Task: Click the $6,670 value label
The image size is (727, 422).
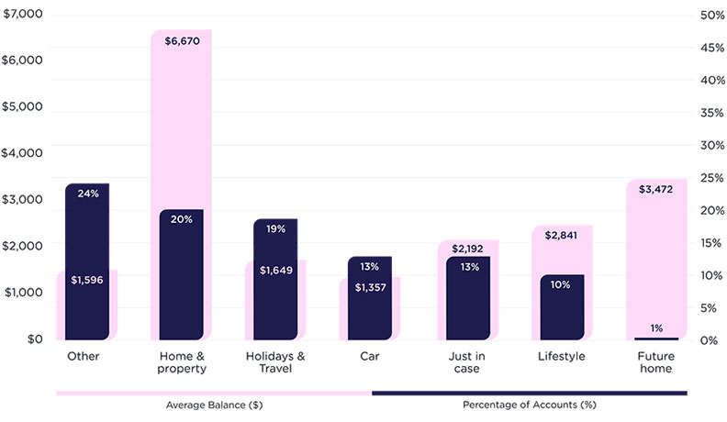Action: click(182, 41)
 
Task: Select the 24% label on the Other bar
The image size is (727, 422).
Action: click(88, 194)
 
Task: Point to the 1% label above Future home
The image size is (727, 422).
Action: click(656, 328)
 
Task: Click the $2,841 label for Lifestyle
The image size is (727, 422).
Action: click(561, 236)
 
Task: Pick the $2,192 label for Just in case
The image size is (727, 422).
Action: click(467, 249)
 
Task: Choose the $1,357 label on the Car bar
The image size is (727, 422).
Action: click(370, 287)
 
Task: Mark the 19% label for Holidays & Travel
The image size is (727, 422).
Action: click(276, 229)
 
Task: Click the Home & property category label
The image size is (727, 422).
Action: click(181, 362)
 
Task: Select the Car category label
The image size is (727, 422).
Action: click(370, 356)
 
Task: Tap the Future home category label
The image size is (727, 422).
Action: click(655, 362)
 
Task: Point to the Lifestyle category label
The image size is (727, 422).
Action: click(561, 356)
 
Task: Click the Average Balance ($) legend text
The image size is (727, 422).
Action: click(213, 404)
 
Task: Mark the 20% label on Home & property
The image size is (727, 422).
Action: click(182, 219)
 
